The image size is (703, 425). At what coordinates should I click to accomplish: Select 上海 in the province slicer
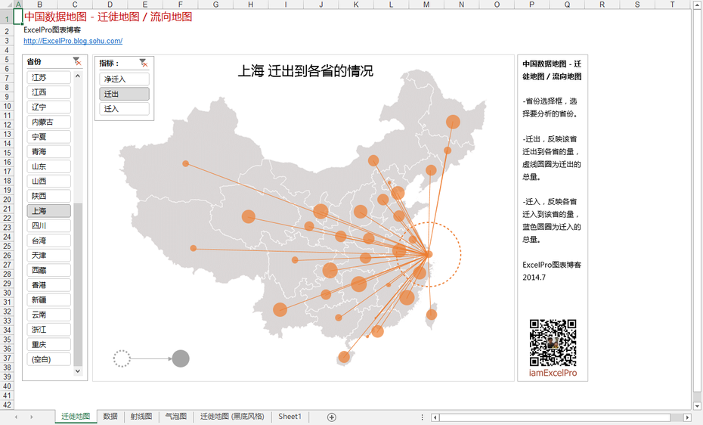(x=48, y=211)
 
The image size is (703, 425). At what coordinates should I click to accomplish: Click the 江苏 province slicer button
(x=48, y=78)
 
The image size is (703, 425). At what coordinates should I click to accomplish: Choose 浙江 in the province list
(x=48, y=330)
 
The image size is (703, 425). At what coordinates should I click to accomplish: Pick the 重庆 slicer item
(x=48, y=344)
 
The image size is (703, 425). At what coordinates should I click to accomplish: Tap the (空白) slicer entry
(x=48, y=359)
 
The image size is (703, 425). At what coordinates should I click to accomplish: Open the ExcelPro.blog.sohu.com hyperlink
(x=73, y=41)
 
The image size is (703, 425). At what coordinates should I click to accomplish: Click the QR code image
(x=553, y=343)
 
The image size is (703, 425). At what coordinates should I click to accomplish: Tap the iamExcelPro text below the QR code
(x=553, y=373)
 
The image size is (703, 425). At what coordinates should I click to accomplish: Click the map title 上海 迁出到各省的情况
(x=305, y=71)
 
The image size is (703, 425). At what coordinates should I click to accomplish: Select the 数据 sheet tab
(x=110, y=417)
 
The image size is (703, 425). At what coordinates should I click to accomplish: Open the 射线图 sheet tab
(x=141, y=417)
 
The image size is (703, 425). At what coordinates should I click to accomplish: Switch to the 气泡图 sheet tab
(x=175, y=417)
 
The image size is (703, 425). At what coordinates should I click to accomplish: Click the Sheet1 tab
(x=290, y=417)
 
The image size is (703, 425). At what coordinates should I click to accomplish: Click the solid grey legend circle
(x=180, y=358)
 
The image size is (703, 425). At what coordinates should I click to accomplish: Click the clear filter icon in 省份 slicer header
(x=77, y=62)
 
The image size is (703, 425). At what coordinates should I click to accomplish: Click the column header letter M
(x=426, y=5)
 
